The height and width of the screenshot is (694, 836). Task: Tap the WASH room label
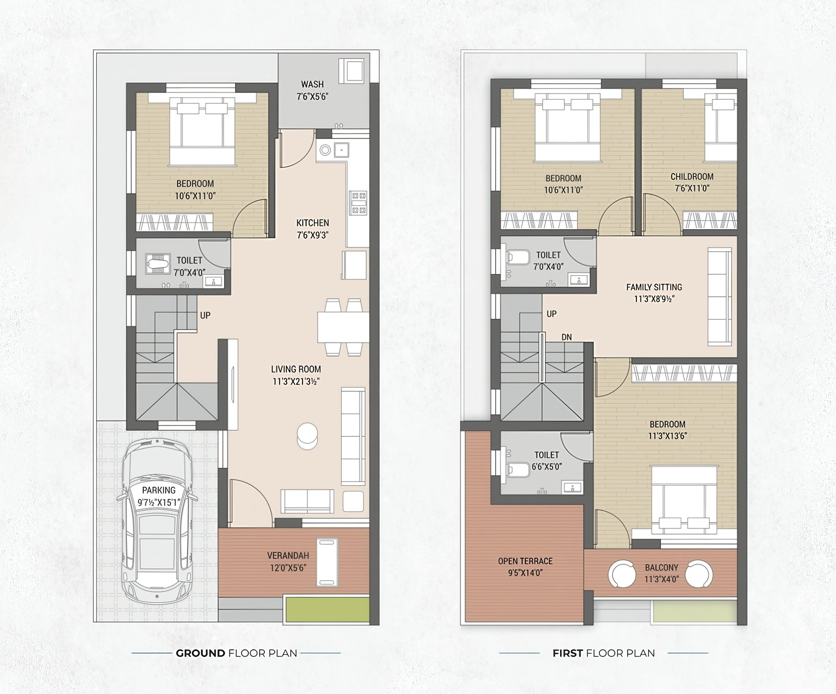pyautogui.click(x=312, y=84)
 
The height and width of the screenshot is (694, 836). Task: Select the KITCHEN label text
pyautogui.click(x=312, y=223)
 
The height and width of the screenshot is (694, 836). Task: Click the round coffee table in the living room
pyautogui.click(x=307, y=436)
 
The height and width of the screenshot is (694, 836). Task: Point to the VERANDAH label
pyautogui.click(x=288, y=556)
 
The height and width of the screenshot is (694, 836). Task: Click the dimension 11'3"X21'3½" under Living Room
pyautogui.click(x=296, y=381)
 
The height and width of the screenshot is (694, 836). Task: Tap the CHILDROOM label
pyautogui.click(x=692, y=177)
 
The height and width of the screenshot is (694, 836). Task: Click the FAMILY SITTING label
pyautogui.click(x=654, y=287)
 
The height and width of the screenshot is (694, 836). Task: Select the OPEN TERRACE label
pyautogui.click(x=525, y=561)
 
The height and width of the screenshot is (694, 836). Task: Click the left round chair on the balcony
pyautogui.click(x=622, y=574)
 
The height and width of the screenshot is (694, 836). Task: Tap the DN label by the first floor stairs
pyautogui.click(x=566, y=337)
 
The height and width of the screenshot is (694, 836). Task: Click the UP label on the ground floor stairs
pyautogui.click(x=205, y=315)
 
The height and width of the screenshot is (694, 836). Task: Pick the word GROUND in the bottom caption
pyautogui.click(x=201, y=653)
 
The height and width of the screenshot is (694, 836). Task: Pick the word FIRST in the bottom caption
pyautogui.click(x=568, y=653)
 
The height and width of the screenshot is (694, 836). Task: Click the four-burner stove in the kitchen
pyautogui.click(x=359, y=203)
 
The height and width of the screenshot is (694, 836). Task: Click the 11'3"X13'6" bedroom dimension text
pyautogui.click(x=667, y=436)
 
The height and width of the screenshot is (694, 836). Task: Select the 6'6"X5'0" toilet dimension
pyautogui.click(x=547, y=466)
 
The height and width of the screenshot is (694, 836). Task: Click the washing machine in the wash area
pyautogui.click(x=351, y=70)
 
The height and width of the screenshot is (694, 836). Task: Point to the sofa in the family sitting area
pyautogui.click(x=719, y=297)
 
